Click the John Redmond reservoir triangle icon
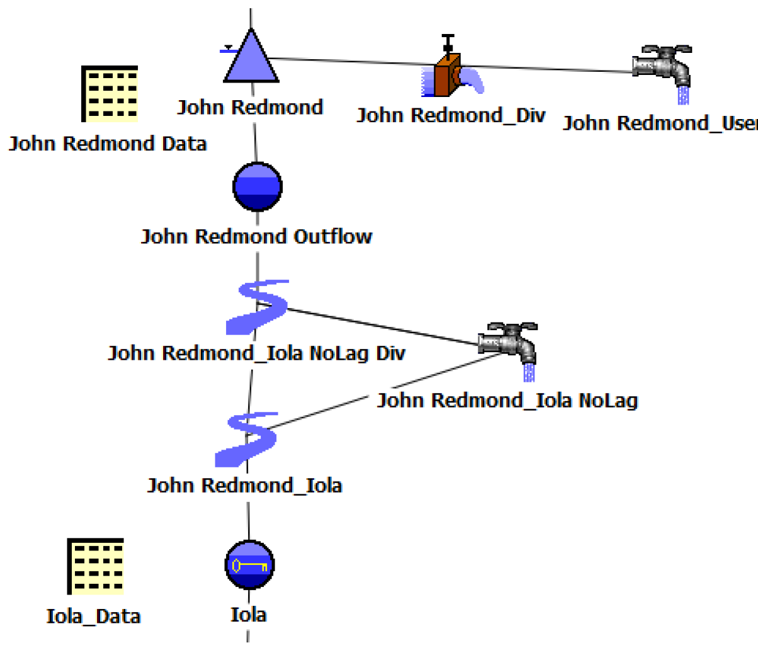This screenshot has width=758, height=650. pyautogui.click(x=251, y=59)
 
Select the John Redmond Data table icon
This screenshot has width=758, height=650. pyautogui.click(x=110, y=94)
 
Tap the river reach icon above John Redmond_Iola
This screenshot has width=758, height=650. pyautogui.click(x=246, y=439)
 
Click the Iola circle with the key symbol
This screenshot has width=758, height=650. pyautogui.click(x=249, y=564)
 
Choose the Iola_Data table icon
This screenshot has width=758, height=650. pyautogui.click(x=95, y=566)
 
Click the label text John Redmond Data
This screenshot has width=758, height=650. pyautogui.click(x=108, y=144)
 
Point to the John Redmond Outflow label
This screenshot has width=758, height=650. pyautogui.click(x=256, y=237)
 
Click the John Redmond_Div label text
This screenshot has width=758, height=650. pyautogui.click(x=450, y=116)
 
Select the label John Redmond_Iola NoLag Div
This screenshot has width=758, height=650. pyautogui.click(x=256, y=353)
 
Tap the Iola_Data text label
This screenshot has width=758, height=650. pyautogui.click(x=93, y=615)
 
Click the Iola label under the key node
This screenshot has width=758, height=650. pyautogui.click(x=249, y=614)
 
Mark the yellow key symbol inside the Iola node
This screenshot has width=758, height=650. pyautogui.click(x=249, y=566)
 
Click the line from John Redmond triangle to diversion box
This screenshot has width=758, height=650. pyautogui.click(x=353, y=61)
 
